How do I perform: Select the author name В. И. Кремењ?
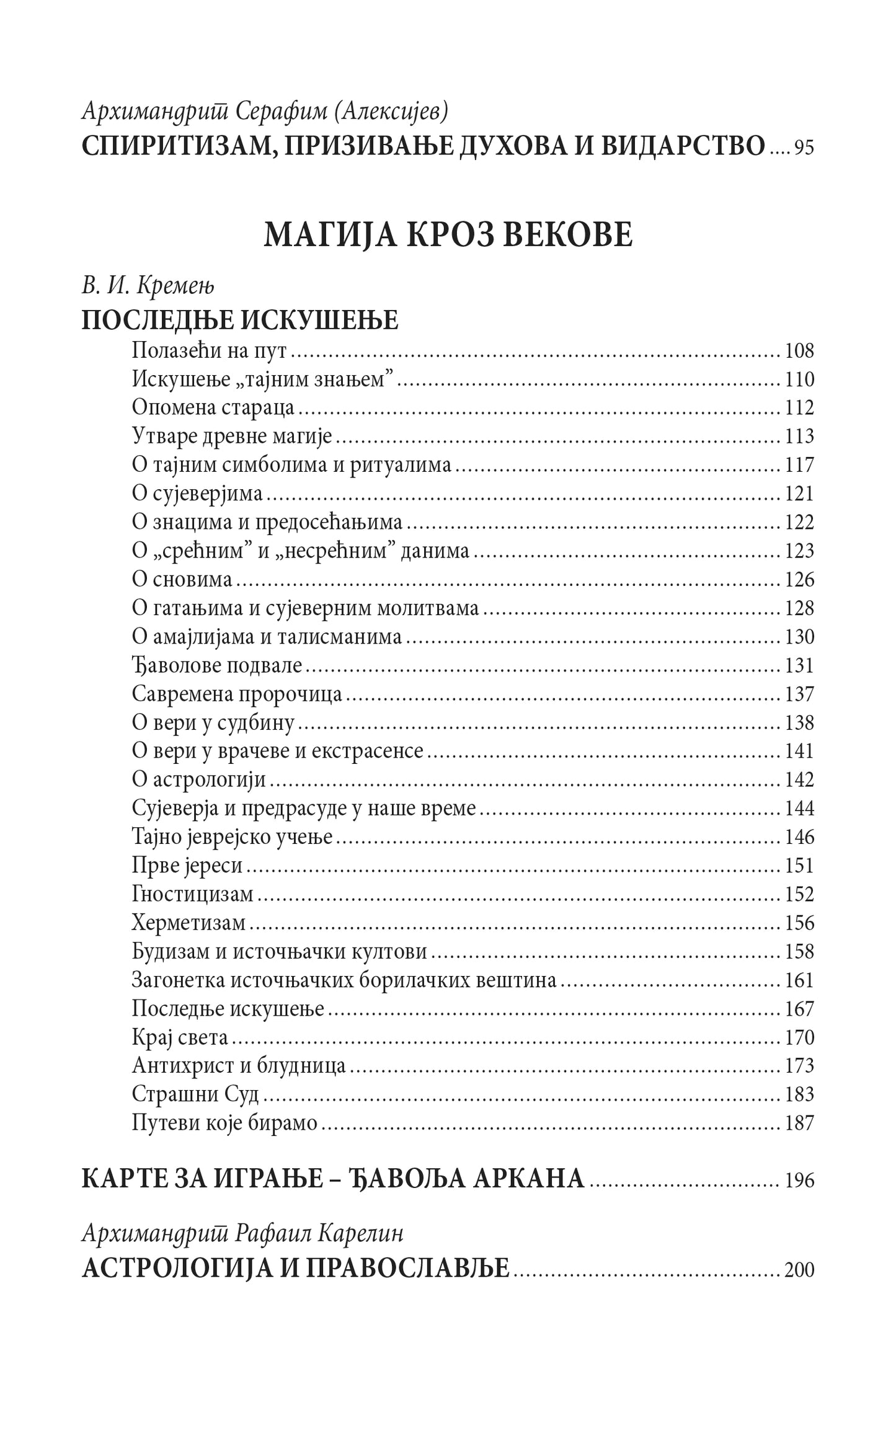click(148, 286)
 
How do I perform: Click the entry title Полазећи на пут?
click(210, 351)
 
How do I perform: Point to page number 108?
click(799, 351)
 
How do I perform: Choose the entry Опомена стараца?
click(213, 408)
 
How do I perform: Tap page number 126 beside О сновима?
click(799, 580)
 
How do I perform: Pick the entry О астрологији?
click(199, 780)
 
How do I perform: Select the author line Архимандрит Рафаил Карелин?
click(242, 1235)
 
